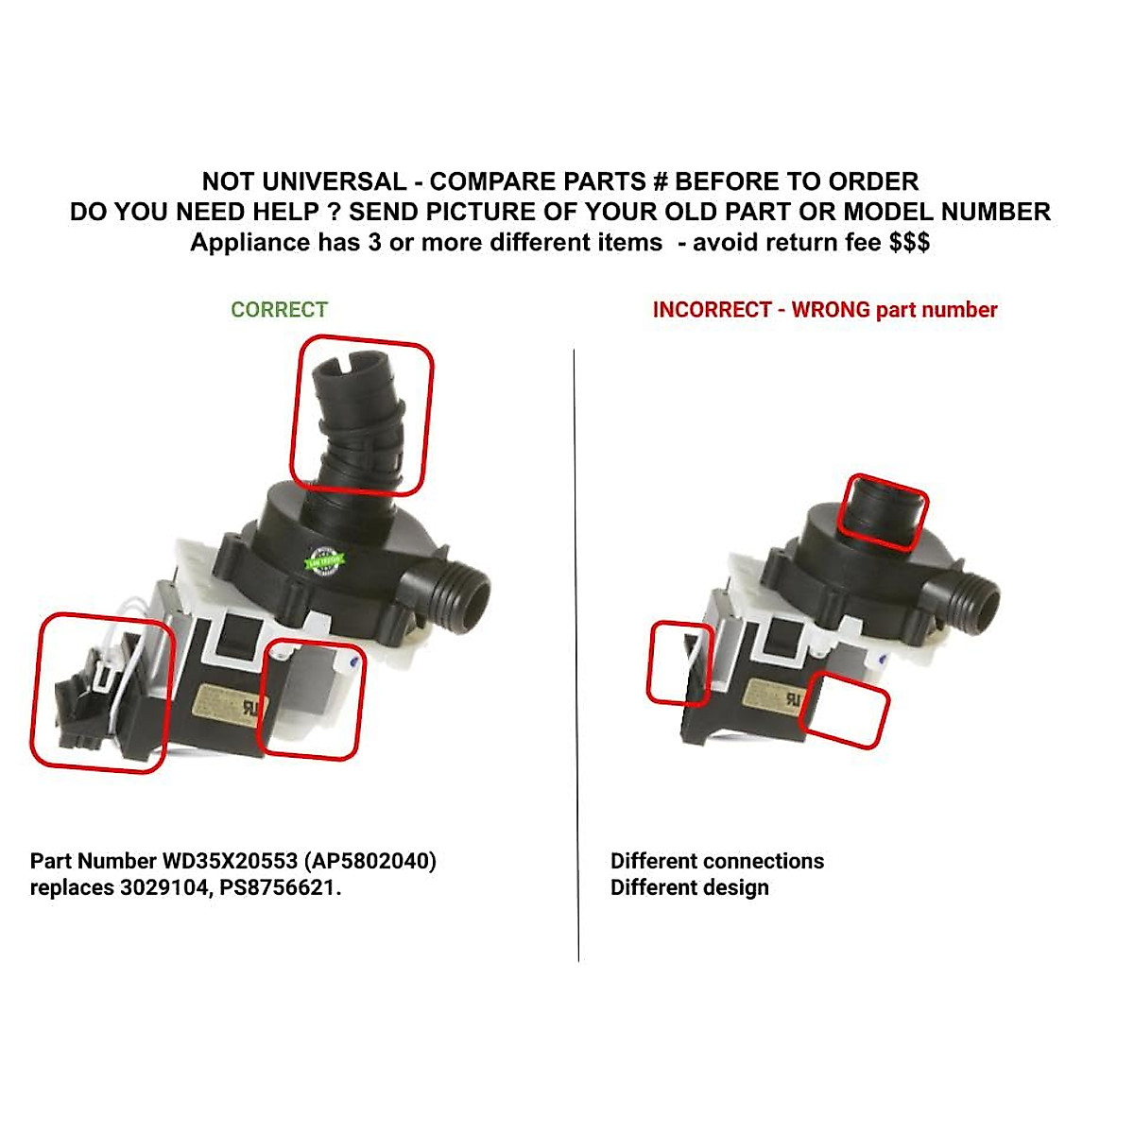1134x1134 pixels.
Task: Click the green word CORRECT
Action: coord(279,310)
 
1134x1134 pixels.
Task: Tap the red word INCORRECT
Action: coord(712,310)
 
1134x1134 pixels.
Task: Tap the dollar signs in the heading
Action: coord(909,243)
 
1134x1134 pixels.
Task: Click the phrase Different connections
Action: coord(716,861)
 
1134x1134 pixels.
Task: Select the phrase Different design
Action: coord(689,888)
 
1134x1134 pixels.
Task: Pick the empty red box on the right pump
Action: coord(845,710)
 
